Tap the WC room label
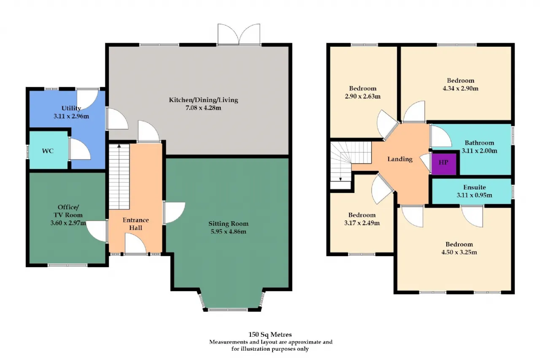pos(48,151)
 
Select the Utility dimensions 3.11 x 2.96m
pos(71,116)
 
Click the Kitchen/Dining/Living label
pos(203,100)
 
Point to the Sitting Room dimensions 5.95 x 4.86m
pos(228,232)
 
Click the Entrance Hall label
pos(135,224)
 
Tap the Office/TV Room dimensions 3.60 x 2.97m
pos(68,223)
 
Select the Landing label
pos(400,159)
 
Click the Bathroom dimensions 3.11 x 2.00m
pos(479,151)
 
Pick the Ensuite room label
pos(475,187)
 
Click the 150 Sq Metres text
pos(270,335)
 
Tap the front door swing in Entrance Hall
pos(135,244)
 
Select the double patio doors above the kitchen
pos(239,34)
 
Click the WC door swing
pos(80,149)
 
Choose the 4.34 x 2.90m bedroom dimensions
pos(460,89)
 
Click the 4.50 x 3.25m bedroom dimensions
pos(459,252)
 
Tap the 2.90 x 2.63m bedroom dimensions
pos(362,97)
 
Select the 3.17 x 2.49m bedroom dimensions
pos(362,223)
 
